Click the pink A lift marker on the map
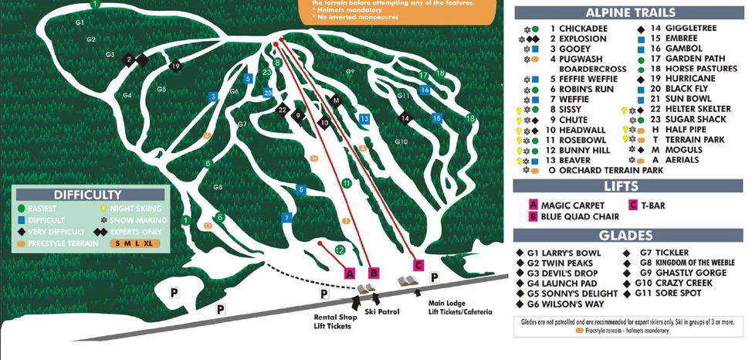point(349,273)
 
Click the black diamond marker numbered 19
point(176,66)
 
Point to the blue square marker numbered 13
point(364,118)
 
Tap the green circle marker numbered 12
point(340,250)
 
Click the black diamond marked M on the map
point(336,101)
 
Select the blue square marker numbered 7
point(286,218)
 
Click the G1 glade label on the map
point(79,23)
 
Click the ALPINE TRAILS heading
point(630,12)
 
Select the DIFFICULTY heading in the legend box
point(87,195)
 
